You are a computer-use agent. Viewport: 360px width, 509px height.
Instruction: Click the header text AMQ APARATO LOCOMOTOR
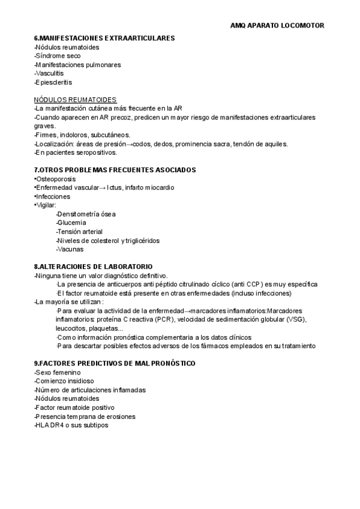coord(277,26)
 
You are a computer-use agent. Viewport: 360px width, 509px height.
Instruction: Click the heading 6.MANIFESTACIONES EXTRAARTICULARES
coord(104,38)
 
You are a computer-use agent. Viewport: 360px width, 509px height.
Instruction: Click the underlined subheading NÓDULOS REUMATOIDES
coord(75,99)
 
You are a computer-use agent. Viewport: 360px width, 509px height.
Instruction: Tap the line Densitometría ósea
coord(86,214)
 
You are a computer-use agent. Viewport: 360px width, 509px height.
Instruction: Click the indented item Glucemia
coord(71,223)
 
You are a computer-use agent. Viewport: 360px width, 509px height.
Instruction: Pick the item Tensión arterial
coord(80,232)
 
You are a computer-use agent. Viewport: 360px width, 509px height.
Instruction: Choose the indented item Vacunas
coord(70,249)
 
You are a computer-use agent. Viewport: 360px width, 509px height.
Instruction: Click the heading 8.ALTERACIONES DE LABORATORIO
coord(93,267)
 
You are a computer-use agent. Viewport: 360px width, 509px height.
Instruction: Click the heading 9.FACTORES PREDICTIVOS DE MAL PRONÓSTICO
coord(115,364)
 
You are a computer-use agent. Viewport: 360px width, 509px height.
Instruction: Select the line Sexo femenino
coord(58,372)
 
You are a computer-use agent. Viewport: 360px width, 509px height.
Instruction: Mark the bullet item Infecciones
coord(53,196)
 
